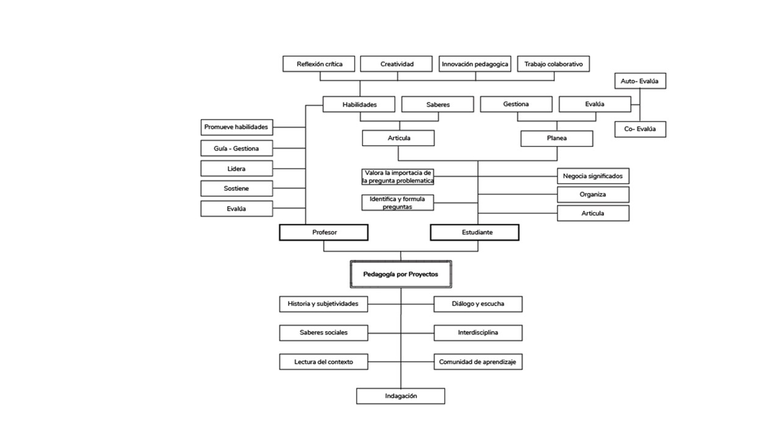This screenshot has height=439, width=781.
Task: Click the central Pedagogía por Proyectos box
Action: pos(401,274)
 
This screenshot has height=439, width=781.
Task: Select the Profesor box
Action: pos(324,232)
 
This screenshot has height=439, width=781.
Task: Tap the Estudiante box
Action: pos(475,232)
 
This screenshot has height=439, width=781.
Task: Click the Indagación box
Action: pos(401,396)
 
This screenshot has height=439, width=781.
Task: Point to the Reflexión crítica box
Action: pos(319,64)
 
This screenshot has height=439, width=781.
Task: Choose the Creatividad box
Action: pos(397,64)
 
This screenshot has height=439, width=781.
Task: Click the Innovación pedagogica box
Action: pos(475,64)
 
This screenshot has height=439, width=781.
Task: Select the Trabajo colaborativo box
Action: pos(553,64)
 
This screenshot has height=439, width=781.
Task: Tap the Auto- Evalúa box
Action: pos(639,80)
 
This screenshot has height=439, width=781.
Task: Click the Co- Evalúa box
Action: pos(639,129)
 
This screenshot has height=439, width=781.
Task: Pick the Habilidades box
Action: pos(359,104)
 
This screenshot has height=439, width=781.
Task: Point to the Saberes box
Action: pos(437,104)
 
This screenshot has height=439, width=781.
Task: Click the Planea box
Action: pos(556,138)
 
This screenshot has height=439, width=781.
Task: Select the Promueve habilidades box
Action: pos(237,127)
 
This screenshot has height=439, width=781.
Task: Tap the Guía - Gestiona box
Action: pos(237,148)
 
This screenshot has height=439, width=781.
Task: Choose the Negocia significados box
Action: pos(592,176)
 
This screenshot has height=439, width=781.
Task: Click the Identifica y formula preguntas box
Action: pos(398,203)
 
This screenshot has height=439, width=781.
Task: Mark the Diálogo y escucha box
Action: pos(478,304)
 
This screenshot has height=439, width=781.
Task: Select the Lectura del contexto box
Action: pos(324,362)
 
